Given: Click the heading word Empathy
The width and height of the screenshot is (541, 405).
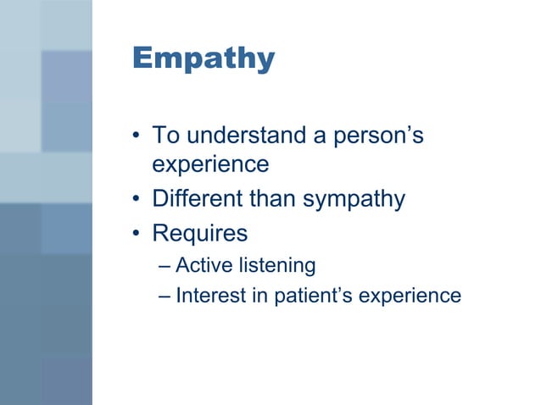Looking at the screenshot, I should coord(204,58).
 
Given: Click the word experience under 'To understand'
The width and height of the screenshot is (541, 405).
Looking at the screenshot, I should coord(210,164).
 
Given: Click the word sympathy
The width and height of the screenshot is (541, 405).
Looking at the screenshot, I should coord(352,201).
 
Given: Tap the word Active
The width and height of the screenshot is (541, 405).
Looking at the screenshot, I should coord(204,265).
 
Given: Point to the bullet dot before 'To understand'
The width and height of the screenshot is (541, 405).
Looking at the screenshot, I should coord(137,136).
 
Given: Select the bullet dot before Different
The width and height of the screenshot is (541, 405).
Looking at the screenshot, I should coord(137,200).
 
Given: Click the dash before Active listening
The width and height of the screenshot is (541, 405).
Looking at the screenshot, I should coord(165,266).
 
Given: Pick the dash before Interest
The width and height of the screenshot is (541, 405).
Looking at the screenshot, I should coord(165,297).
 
